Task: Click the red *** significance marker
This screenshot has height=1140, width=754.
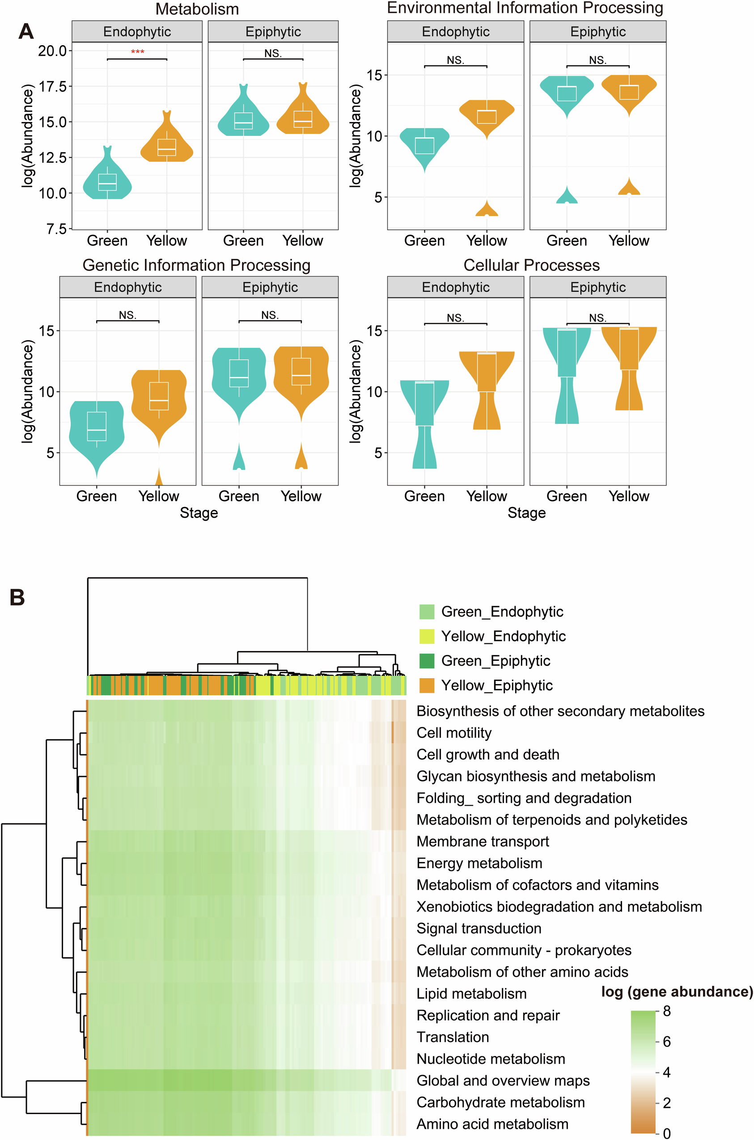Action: point(138,52)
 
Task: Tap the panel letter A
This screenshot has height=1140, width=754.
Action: point(26,32)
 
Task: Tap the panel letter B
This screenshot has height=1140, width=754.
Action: point(17,597)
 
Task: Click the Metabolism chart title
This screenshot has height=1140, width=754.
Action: point(197,9)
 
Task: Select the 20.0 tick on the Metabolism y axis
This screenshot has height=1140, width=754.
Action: point(52,51)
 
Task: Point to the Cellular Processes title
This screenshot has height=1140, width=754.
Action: point(531,265)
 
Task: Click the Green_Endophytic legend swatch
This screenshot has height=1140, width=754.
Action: point(427,612)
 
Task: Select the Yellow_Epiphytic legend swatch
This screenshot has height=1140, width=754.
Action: point(427,685)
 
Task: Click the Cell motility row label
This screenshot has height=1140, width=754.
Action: point(454,733)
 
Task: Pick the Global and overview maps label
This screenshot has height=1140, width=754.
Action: point(503,1081)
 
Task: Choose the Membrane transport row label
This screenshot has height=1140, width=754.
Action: point(483,841)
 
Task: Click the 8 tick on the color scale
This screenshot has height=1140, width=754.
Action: point(666,1011)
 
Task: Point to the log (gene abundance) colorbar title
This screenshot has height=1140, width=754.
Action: point(677,992)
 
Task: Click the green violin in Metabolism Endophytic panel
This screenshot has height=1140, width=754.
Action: point(107,183)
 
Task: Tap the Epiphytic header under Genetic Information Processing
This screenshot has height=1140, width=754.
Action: point(270,287)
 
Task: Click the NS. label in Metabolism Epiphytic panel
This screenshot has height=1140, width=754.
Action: point(273,53)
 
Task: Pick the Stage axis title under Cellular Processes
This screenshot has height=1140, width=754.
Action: point(526,513)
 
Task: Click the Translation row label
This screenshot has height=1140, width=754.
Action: point(453,1037)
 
